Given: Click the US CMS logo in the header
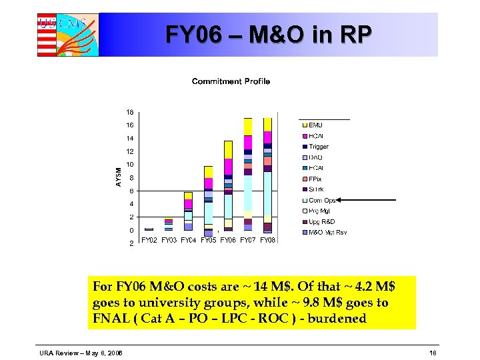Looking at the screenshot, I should [67, 34].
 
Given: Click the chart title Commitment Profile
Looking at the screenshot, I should [231, 81].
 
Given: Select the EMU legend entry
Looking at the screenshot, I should [315, 125].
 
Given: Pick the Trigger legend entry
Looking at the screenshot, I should [318, 147].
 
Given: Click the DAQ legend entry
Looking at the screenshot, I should [315, 157].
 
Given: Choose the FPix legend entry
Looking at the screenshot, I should [315, 179].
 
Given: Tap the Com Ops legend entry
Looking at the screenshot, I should [322, 200].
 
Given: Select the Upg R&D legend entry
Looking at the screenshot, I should [321, 221].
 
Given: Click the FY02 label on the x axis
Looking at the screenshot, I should [149, 240].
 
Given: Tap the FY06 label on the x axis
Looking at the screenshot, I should [228, 240].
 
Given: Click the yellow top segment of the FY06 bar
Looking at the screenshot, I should [228, 149].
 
